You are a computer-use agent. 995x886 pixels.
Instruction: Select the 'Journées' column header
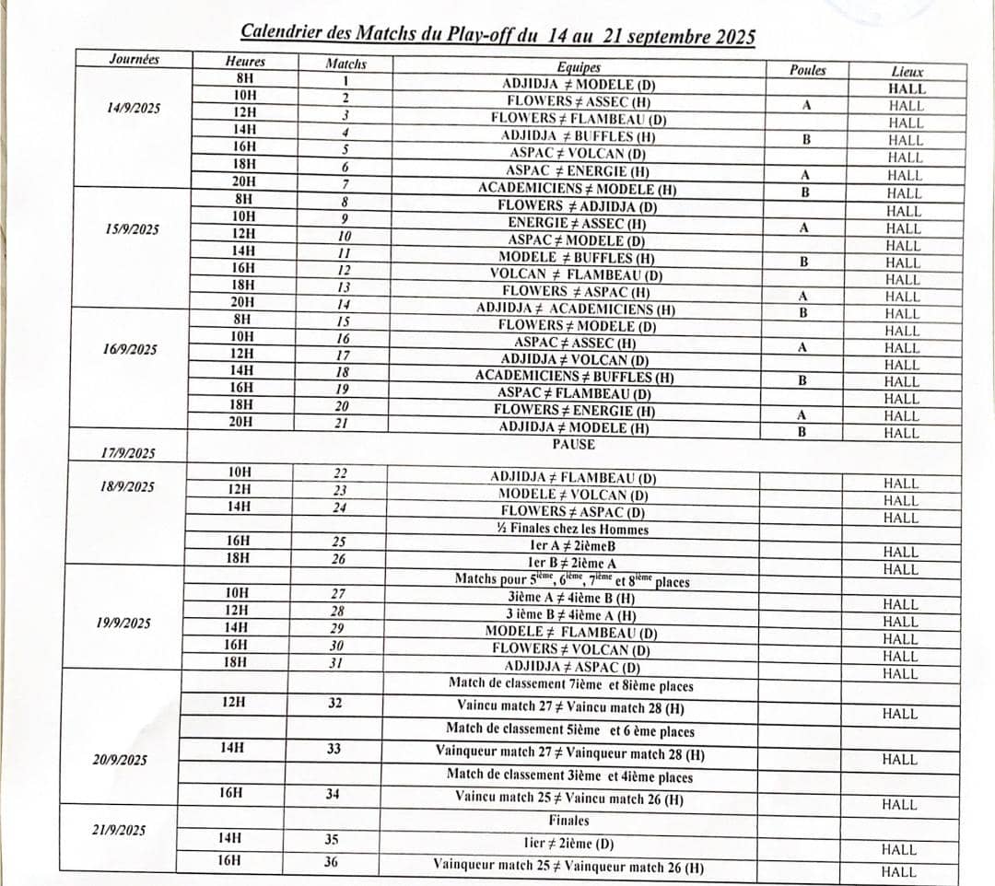[134, 60]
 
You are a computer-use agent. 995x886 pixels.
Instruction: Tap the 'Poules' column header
[808, 70]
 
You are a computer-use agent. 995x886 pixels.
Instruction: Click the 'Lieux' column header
[907, 71]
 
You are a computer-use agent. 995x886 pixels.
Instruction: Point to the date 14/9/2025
[133, 108]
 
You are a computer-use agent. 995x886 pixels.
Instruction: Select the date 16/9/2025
[131, 350]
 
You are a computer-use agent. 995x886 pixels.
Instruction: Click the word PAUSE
[574, 445]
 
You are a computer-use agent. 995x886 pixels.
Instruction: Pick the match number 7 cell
[344, 184]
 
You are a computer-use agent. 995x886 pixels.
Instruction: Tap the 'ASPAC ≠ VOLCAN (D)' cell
[576, 154]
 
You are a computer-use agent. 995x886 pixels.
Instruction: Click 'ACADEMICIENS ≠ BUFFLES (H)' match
[575, 377]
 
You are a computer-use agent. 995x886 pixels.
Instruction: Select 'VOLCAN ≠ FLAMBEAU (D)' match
[576, 274]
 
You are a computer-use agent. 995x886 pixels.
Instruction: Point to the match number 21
[342, 423]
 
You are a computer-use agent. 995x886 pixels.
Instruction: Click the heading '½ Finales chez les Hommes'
[572, 530]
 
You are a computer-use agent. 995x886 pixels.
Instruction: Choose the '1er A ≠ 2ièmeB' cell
[573, 545]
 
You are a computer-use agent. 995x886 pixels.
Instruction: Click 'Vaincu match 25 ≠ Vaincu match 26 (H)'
[569, 799]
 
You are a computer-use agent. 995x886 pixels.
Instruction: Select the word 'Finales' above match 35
[568, 821]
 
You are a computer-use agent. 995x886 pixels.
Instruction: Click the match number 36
[332, 862]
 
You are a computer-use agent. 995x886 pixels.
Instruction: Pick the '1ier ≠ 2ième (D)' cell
[568, 844]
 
